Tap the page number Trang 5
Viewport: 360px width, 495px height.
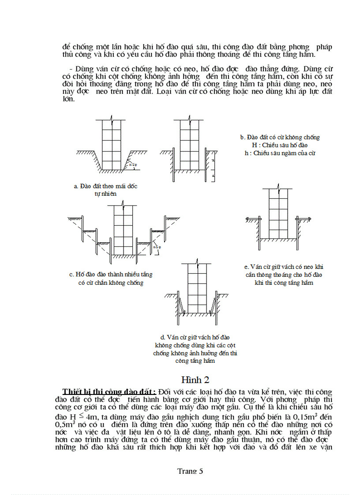click(x=190, y=471)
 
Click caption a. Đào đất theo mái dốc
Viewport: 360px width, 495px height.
click(x=105, y=186)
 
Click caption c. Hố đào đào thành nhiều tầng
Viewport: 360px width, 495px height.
click(x=111, y=274)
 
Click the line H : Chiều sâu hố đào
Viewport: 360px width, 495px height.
click(x=277, y=145)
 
